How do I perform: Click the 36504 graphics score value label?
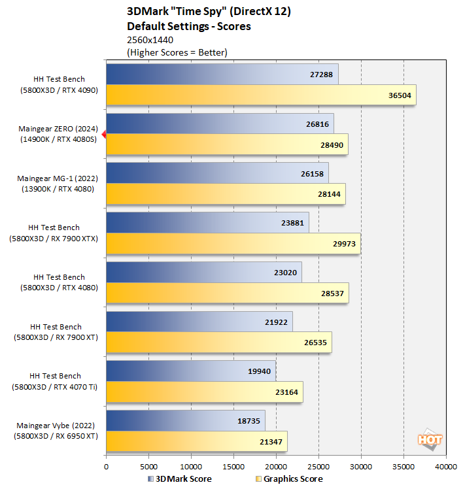(400, 95)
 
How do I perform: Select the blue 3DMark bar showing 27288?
(222, 74)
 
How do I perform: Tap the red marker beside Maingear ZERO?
(103, 134)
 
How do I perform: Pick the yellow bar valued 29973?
(233, 244)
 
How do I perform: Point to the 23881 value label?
(293, 223)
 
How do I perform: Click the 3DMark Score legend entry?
(180, 479)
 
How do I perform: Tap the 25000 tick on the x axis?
(318, 467)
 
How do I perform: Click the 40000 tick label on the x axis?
(446, 467)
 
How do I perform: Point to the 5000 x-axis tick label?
(148, 467)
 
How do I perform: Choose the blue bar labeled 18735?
(185, 421)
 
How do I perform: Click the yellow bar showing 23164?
(204, 392)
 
